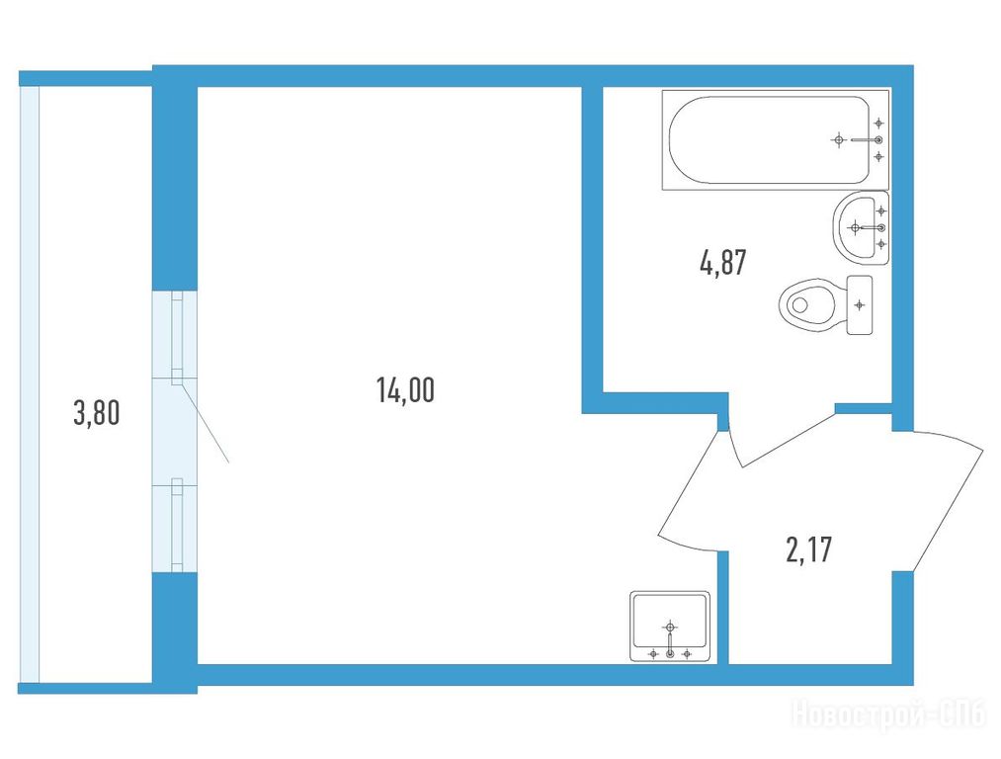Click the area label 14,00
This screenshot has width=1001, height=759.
(405, 390)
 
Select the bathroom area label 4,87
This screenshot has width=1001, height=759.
(722, 262)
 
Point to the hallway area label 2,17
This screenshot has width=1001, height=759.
(809, 549)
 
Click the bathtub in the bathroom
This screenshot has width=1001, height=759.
(775, 139)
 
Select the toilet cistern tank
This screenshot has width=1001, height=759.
(860, 305)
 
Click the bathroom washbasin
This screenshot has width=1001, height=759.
(861, 227)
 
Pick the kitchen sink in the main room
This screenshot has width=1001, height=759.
(670, 627)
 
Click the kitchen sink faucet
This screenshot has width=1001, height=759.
(670, 641)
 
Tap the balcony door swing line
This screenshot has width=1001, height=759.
(205, 420)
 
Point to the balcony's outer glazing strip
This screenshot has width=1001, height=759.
(30, 384)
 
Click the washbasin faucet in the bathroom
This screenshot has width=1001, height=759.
(870, 227)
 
